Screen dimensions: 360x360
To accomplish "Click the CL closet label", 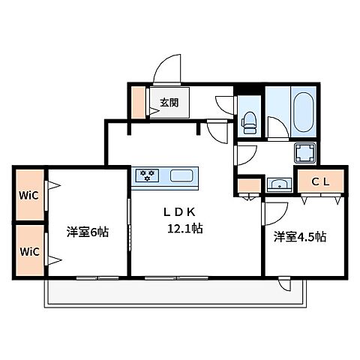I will pos(321,180).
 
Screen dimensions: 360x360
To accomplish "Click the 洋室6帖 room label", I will pos(88,232).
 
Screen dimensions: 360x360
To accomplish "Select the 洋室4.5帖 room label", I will pos(299,237).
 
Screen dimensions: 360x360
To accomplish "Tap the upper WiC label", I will pos(29,196).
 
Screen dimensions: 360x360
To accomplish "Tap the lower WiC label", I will pos(29,250).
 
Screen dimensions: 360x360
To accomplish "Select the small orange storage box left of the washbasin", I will pos(245,184).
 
